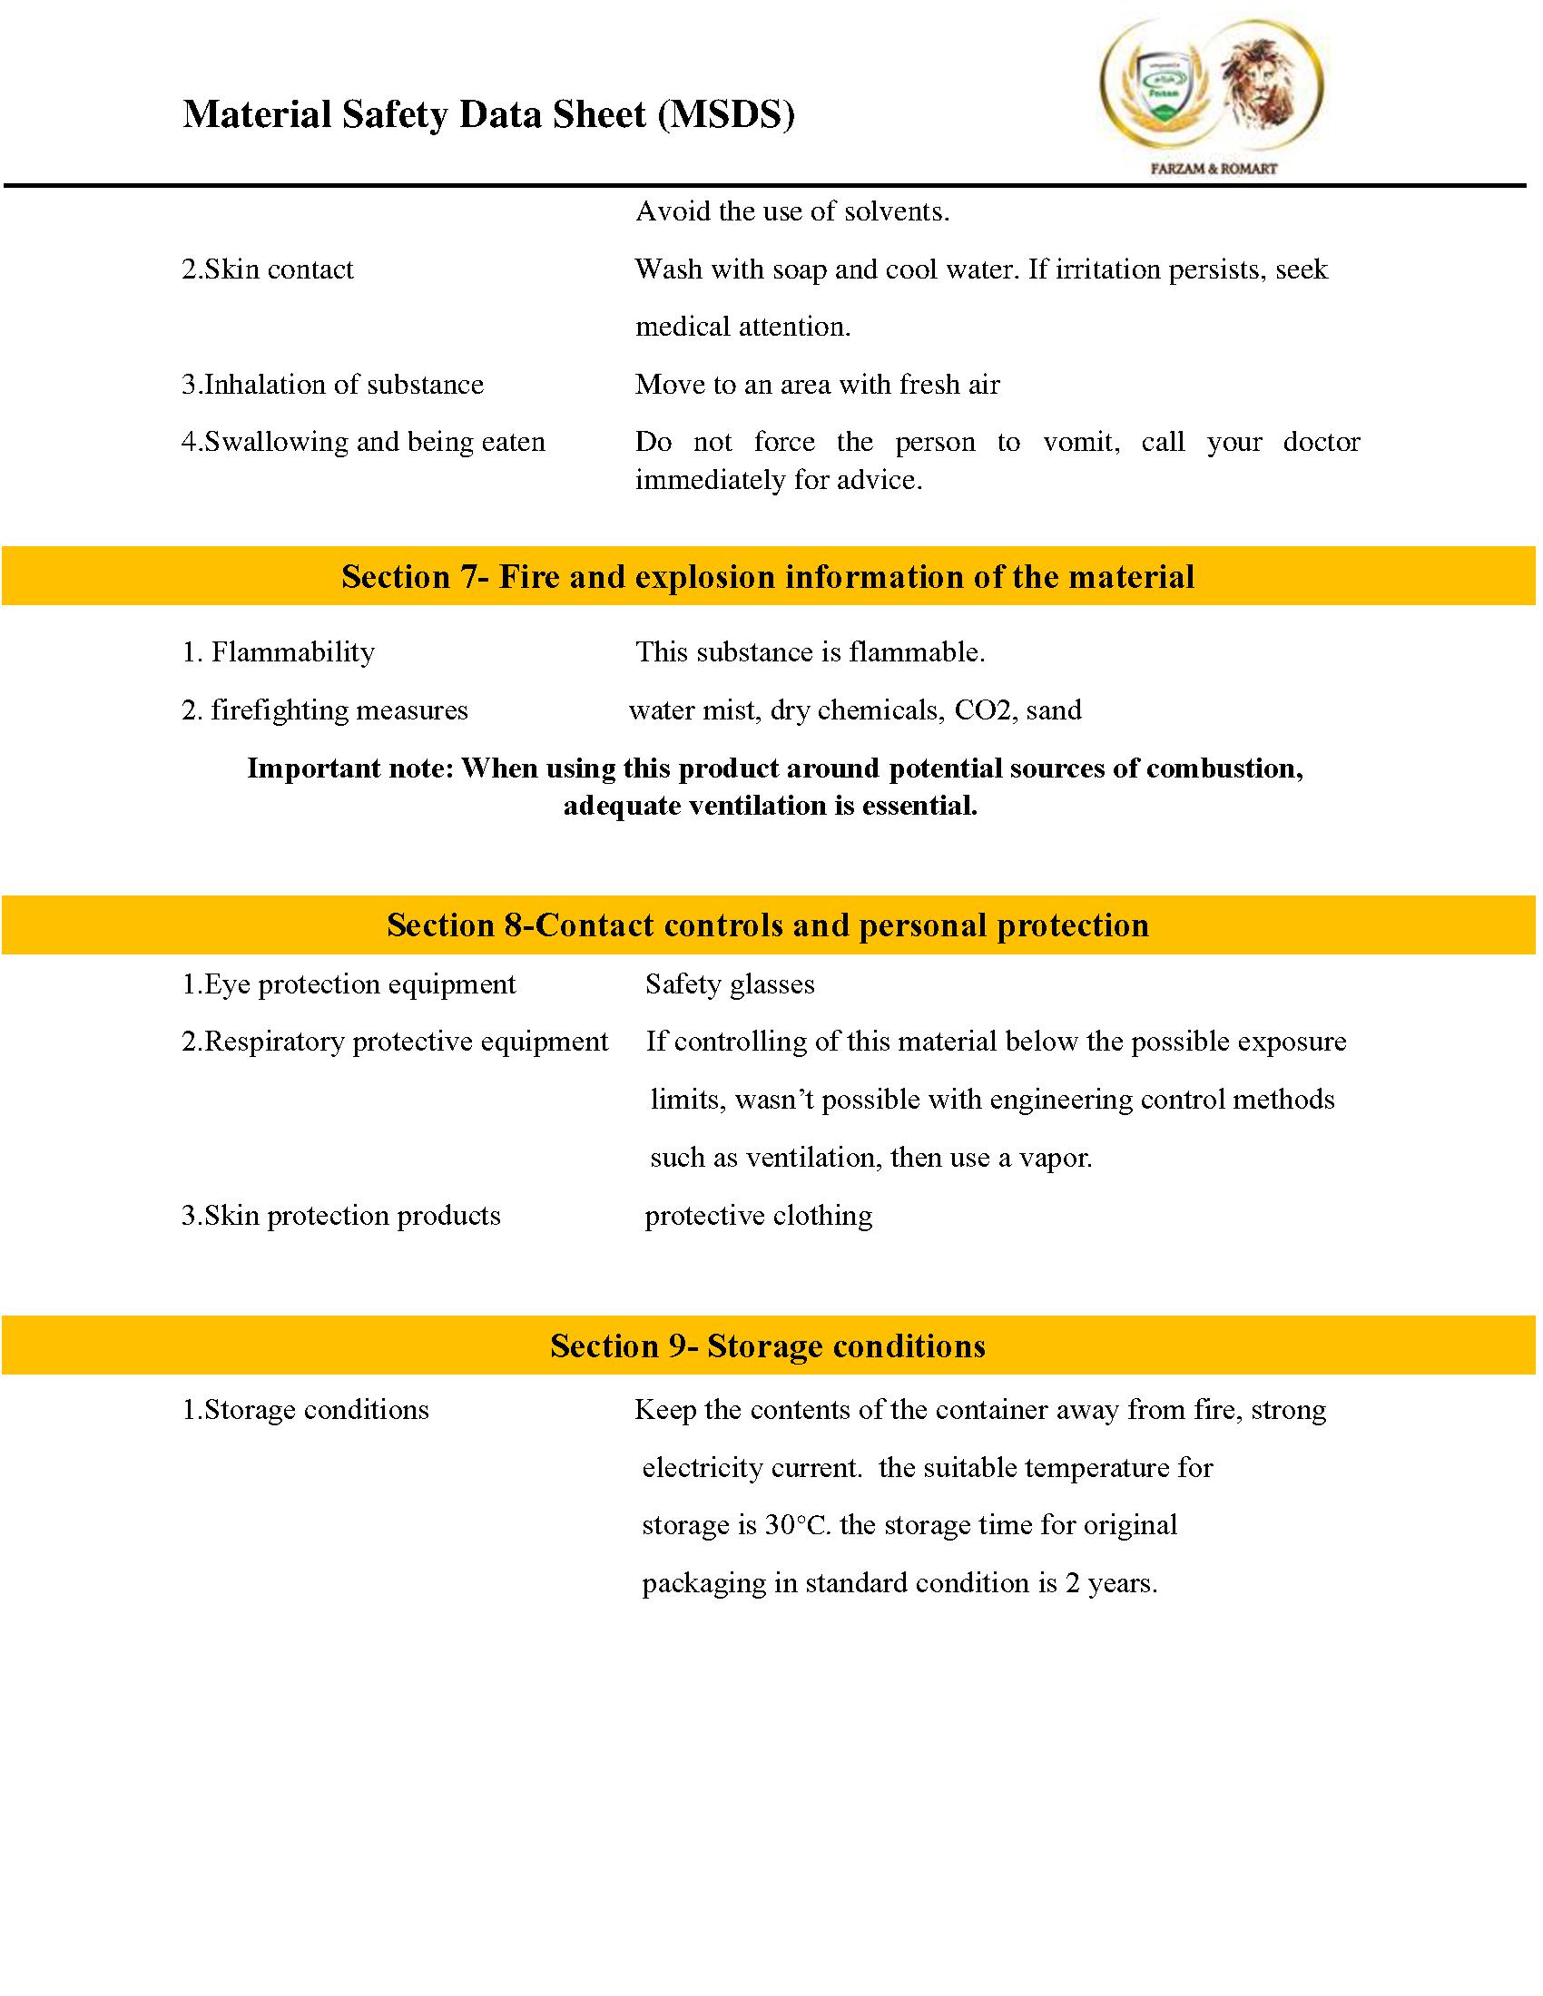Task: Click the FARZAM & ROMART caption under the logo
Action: pyautogui.click(x=1212, y=168)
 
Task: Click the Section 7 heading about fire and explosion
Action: pyautogui.click(x=768, y=577)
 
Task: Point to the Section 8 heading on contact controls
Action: pyautogui.click(x=768, y=925)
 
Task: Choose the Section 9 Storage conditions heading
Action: pyautogui.click(x=768, y=1345)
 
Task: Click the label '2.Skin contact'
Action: pyautogui.click(x=267, y=269)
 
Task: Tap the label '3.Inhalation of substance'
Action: pyautogui.click(x=332, y=385)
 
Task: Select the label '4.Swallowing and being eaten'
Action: pyautogui.click(x=363, y=443)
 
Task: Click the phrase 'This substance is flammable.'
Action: pyautogui.click(x=810, y=652)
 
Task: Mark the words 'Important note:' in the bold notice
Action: pyautogui.click(x=350, y=768)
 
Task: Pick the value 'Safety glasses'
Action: pyautogui.click(x=730, y=984)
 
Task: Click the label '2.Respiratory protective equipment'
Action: pyautogui.click(x=394, y=1042)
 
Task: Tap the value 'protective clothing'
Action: pyautogui.click(x=758, y=1216)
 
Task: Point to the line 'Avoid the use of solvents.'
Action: pyautogui.click(x=792, y=212)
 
